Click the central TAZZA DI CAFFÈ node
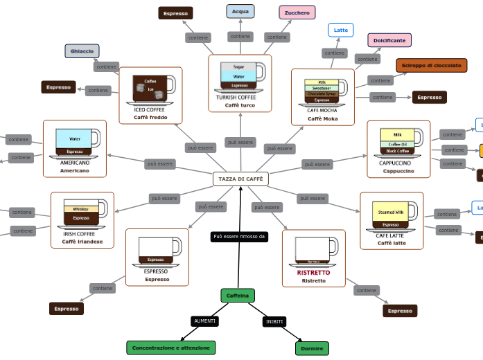[240, 179]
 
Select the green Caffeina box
[238, 296]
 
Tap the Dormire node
[312, 348]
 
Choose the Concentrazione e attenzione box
[170, 348]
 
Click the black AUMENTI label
[204, 321]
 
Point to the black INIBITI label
[274, 322]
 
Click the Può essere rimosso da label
[239, 237]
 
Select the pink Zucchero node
[297, 12]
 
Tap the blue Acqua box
[240, 12]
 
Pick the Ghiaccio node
[82, 51]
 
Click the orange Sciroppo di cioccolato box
[431, 66]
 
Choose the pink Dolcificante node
[389, 40]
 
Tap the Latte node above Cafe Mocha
[341, 30]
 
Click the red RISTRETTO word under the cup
[314, 273]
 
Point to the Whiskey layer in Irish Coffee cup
[81, 209]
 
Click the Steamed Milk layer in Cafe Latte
[391, 212]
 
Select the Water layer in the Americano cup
[75, 138]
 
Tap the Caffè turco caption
[240, 105]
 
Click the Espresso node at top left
[175, 13]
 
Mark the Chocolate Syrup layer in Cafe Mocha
[322, 93]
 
